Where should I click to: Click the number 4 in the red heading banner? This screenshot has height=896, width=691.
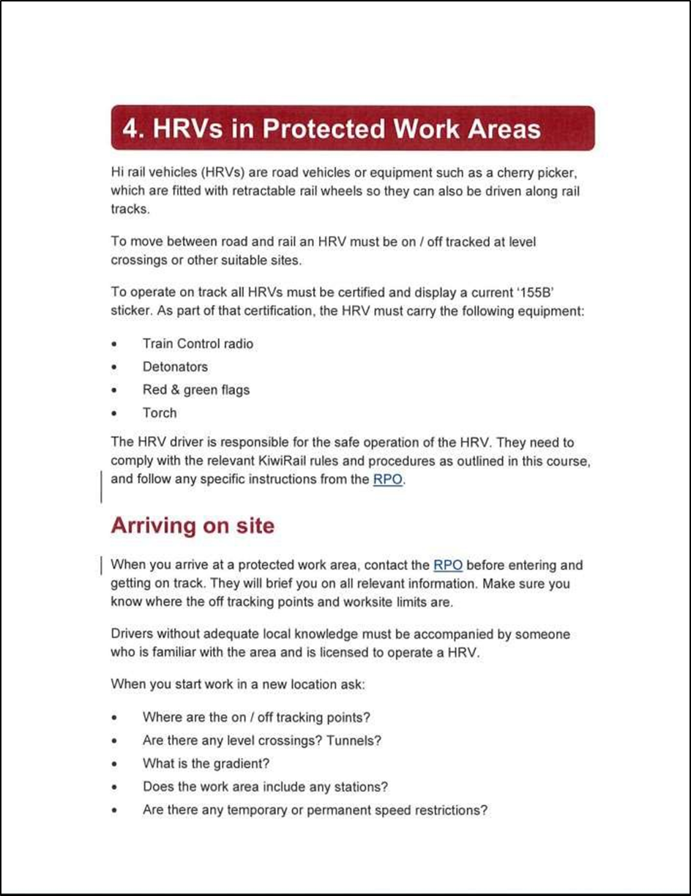132,129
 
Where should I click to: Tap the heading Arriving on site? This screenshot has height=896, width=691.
193,525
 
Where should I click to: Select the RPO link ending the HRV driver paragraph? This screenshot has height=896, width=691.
388,481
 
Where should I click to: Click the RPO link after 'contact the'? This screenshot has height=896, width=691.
448,566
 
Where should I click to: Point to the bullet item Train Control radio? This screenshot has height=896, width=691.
198,344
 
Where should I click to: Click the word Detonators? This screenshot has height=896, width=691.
175,367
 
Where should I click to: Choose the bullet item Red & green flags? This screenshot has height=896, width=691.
195,390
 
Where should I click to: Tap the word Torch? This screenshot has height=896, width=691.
160,413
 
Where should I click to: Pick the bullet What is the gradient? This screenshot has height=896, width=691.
206,763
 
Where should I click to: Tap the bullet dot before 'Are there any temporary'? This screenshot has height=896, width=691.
114,811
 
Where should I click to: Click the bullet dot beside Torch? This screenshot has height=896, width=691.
114,414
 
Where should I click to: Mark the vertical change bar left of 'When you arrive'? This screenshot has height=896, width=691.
100,566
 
